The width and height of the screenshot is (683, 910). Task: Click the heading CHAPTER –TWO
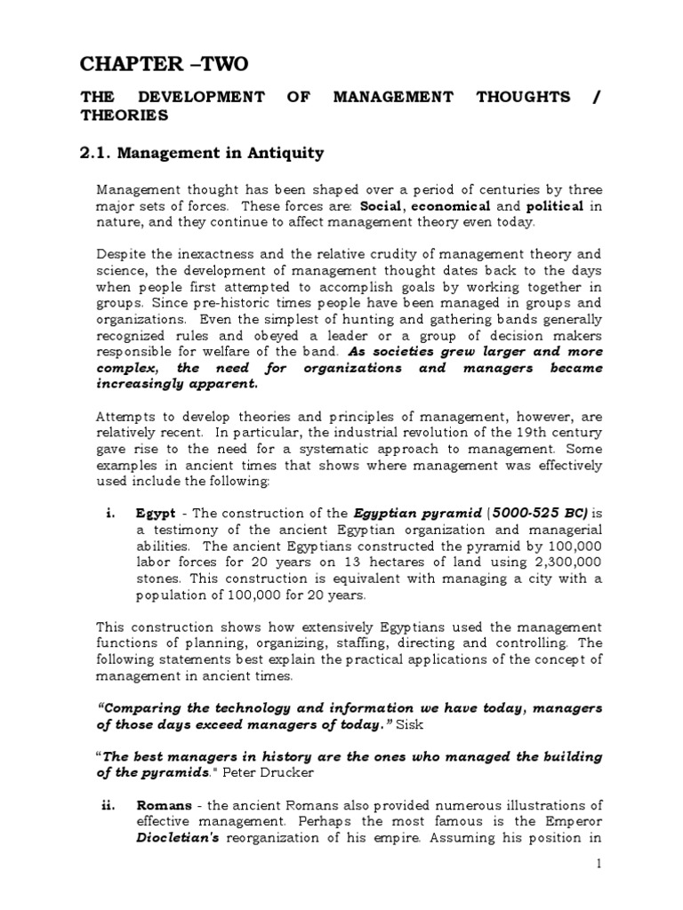pos(165,64)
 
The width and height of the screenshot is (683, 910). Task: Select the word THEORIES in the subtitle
pos(124,116)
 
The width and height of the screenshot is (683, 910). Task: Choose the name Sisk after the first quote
pos(438,723)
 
